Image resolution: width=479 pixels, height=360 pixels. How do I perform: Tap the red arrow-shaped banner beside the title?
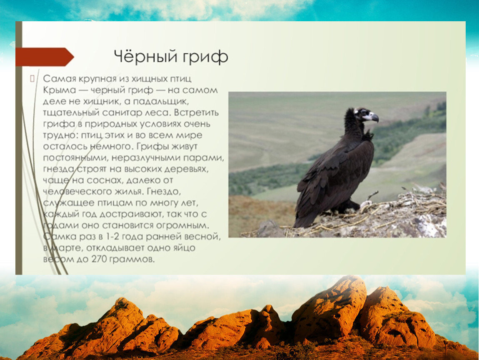45,57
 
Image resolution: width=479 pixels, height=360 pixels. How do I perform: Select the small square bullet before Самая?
32,79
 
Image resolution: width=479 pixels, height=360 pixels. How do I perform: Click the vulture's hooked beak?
374,117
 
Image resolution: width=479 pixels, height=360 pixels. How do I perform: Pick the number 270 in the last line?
98,260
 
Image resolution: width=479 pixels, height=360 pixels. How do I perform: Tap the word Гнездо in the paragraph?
164,192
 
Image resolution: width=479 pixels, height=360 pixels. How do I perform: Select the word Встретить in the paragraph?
197,113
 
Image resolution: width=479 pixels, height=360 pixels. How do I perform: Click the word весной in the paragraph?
202,237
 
